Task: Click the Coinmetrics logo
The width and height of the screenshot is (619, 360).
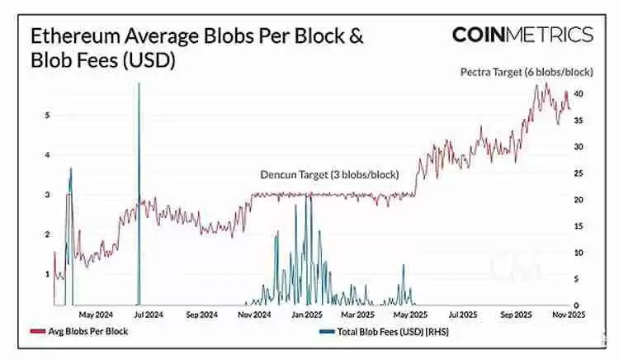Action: tap(522, 34)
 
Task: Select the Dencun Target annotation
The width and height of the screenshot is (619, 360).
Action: tap(329, 175)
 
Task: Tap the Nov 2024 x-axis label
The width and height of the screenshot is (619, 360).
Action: tap(254, 315)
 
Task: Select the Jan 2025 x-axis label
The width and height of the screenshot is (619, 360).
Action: tap(307, 315)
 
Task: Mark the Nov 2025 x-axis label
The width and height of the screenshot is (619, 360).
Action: tap(568, 315)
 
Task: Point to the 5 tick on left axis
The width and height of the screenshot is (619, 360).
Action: tap(47, 116)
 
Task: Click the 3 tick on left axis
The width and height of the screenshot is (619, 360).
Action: tap(47, 195)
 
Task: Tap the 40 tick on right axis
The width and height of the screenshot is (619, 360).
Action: tap(579, 94)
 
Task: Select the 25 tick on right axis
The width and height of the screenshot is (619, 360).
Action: tap(579, 173)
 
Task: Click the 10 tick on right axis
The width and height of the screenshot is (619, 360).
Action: tap(579, 253)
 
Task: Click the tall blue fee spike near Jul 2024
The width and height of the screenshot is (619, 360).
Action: tap(139, 165)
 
